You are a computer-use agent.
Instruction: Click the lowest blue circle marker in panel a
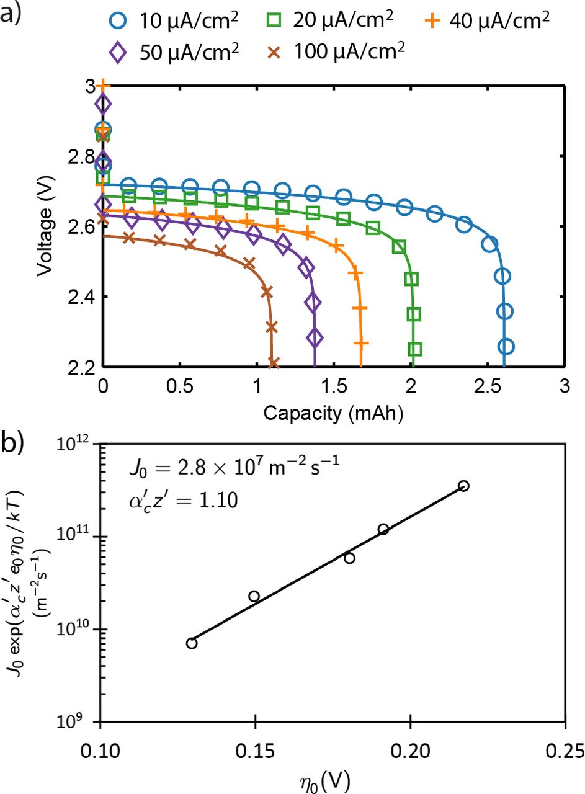click(506, 346)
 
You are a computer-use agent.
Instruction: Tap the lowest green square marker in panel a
click(415, 349)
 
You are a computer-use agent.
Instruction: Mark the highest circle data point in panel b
click(463, 486)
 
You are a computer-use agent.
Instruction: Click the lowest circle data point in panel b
click(192, 643)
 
